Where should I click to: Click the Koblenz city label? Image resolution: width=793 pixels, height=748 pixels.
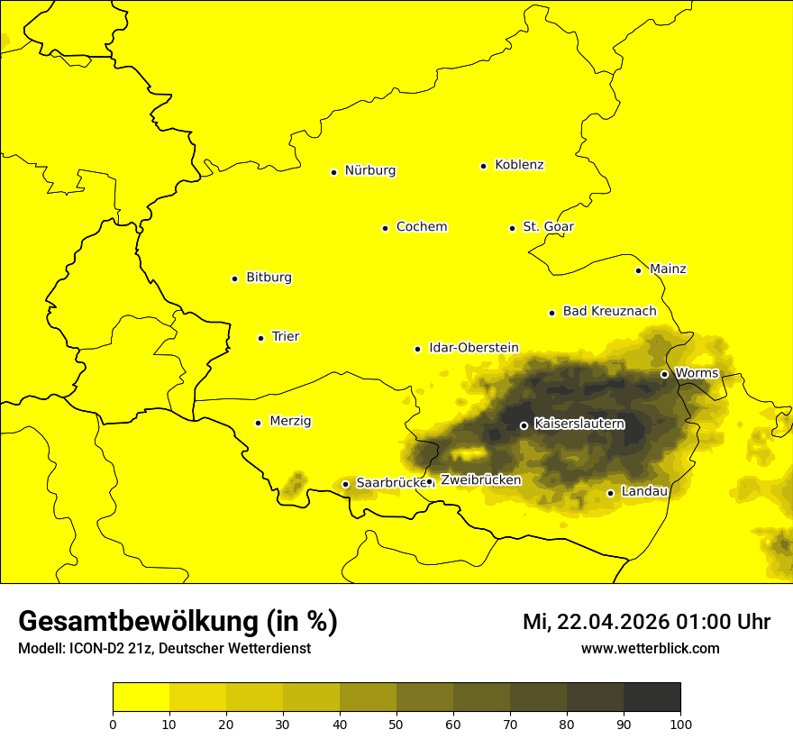point(519,165)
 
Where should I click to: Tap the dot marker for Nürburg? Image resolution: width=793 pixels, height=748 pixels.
point(333,171)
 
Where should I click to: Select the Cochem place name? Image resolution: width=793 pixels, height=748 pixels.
point(421,227)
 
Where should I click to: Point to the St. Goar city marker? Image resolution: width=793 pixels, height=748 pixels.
point(512,228)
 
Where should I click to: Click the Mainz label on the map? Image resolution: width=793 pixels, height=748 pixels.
point(668,269)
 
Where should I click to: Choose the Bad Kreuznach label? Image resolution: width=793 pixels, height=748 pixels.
point(609,312)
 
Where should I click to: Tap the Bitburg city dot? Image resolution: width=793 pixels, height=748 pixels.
point(234,278)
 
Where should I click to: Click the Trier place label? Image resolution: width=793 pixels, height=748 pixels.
point(286,337)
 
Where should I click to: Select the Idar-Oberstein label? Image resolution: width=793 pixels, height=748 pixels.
point(473,348)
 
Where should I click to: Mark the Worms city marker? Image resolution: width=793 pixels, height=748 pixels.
point(664,374)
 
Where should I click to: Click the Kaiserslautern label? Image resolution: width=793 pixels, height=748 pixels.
point(579,424)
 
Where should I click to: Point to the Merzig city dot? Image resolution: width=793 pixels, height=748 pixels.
point(258,423)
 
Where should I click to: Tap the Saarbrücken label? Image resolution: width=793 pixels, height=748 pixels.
point(389,483)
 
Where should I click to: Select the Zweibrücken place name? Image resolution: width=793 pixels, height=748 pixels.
point(480,480)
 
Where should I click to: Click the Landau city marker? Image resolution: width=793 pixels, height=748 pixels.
point(611,493)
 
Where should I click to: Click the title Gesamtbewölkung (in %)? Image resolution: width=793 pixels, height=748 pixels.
point(178,622)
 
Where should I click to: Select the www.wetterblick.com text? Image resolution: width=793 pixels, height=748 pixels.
point(650,649)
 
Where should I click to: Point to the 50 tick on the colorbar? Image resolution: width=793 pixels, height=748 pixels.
point(396,724)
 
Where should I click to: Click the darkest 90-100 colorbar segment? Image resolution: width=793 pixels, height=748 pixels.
point(652,697)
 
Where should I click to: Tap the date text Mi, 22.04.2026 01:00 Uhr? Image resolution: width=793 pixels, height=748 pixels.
point(646,622)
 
